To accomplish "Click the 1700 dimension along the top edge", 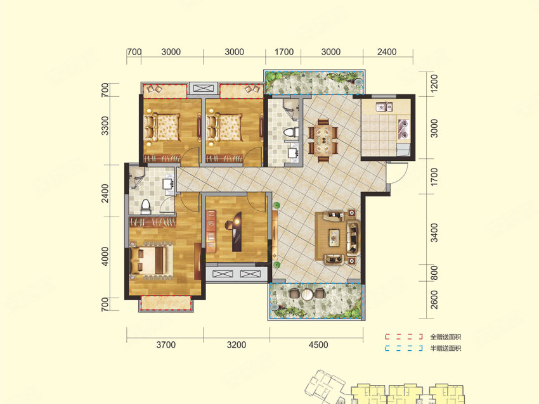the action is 284,52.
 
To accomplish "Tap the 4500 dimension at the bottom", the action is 318,344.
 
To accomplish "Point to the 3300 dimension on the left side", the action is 105,125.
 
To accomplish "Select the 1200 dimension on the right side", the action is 434,83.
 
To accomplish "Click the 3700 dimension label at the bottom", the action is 166,344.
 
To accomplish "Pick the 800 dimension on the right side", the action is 434,273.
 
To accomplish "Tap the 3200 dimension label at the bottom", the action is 237,344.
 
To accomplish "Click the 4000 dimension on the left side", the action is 105,256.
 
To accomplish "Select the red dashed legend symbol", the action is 403,337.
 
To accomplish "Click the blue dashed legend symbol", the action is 403,348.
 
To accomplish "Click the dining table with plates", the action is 323,141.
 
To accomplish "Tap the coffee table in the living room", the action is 334,237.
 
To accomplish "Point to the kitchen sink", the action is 384,107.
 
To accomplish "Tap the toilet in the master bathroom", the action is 146,206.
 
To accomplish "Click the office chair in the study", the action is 229,225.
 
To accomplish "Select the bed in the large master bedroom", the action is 152,260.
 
